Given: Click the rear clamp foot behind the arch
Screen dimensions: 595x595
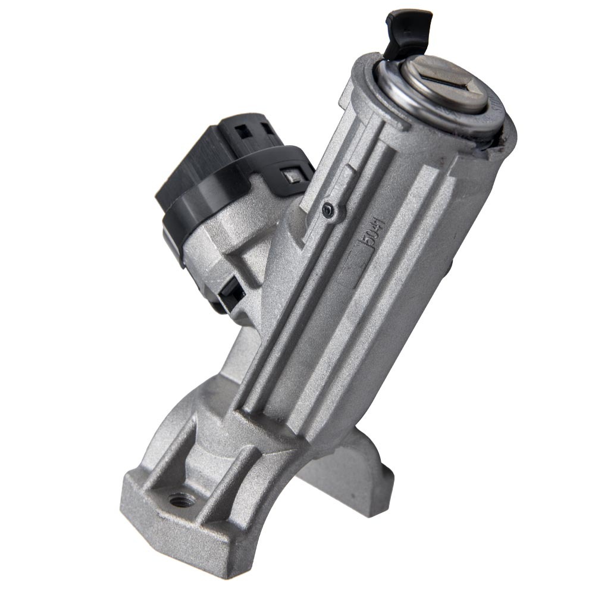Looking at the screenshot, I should click(x=357, y=470).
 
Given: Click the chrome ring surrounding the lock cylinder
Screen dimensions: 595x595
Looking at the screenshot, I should click(x=411, y=104).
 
